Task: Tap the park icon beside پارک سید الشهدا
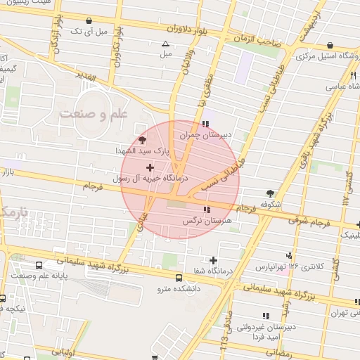tap(143, 140)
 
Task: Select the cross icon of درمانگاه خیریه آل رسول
tap(150, 167)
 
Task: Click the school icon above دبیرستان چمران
tap(205, 124)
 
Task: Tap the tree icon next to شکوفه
tap(271, 193)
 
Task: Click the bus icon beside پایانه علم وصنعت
tap(38, 266)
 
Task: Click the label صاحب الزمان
tap(259, 42)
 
